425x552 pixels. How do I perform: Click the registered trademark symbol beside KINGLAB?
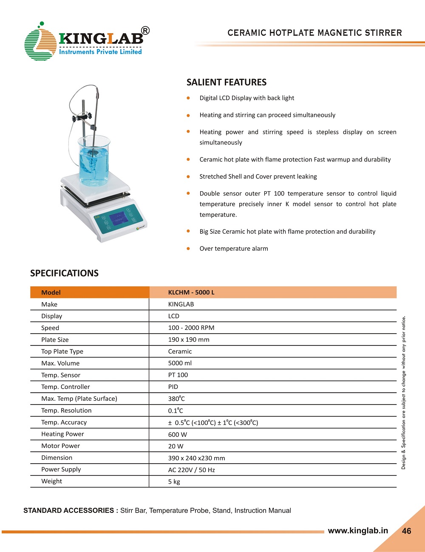[x=145, y=31]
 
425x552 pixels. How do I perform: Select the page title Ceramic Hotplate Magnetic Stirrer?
[x=314, y=33]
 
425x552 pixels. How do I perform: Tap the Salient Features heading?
[x=227, y=82]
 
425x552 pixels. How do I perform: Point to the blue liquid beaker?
[x=94, y=161]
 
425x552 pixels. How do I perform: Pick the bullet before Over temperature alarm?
[x=188, y=249]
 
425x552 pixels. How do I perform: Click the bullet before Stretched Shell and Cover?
[x=188, y=176]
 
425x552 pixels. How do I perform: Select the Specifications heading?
[x=64, y=273]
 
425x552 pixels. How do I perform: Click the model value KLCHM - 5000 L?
[x=191, y=292]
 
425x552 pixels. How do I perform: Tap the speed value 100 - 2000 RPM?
[x=191, y=328]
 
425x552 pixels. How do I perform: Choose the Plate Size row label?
[x=55, y=340]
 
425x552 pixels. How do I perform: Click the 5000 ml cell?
[x=180, y=363]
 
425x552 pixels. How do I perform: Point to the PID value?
[x=173, y=387]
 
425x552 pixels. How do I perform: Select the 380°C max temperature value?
[x=176, y=399]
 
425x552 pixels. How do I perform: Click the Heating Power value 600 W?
[x=177, y=434]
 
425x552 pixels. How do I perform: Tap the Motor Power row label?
[x=60, y=446]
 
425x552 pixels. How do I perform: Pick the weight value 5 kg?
[x=174, y=481]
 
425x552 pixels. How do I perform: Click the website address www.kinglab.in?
[x=358, y=530]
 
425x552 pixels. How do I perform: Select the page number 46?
[x=406, y=531]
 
